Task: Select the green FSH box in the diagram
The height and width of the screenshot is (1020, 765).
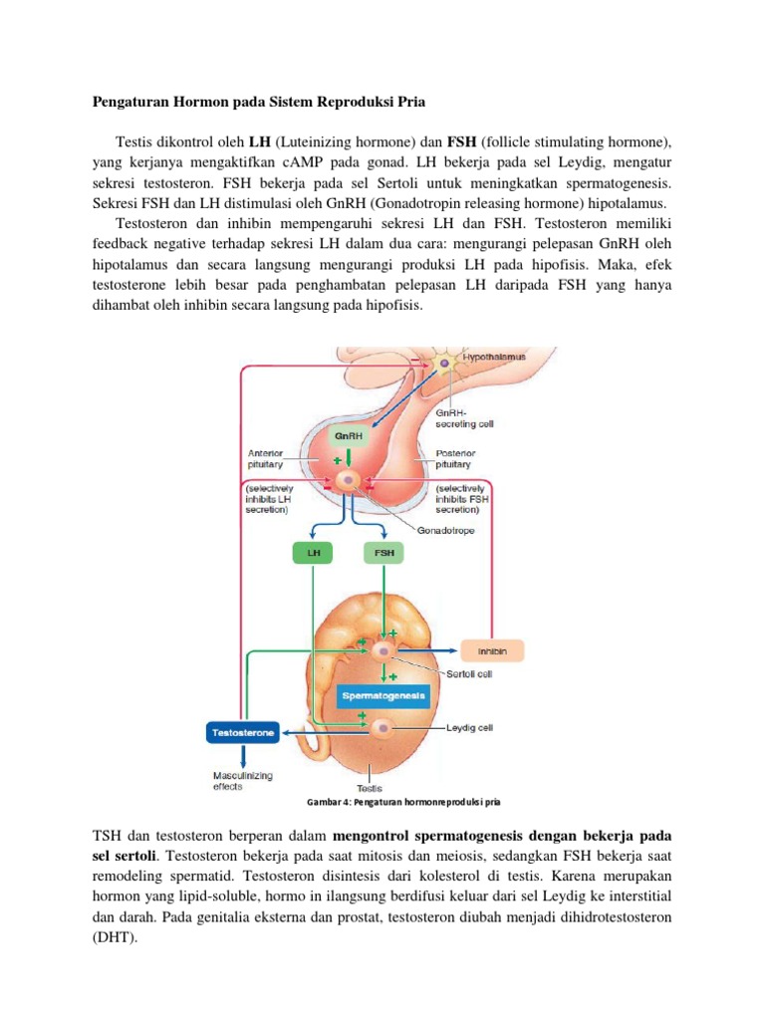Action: click(x=383, y=552)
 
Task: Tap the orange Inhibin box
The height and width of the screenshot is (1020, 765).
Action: click(x=493, y=650)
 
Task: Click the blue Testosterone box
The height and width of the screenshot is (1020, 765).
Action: click(x=243, y=733)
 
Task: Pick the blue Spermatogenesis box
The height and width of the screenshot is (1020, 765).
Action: click(x=384, y=694)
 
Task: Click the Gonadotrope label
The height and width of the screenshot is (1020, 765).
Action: click(x=447, y=530)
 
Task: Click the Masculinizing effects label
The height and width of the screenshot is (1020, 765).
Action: click(x=243, y=780)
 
